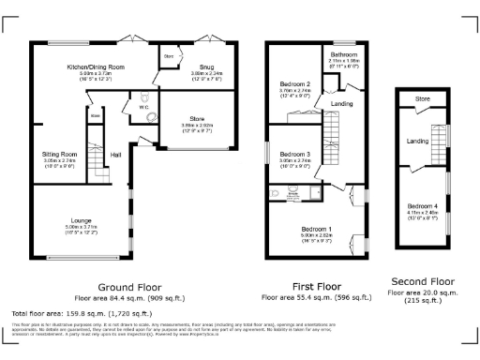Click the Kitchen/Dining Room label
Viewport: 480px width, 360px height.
click(x=96, y=67)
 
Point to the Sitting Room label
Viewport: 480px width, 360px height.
click(x=59, y=154)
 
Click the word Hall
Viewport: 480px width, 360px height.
click(x=116, y=155)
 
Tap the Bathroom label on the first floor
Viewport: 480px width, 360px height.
click(x=342, y=55)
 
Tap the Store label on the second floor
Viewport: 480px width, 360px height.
click(x=423, y=98)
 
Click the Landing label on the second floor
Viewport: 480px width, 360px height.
click(x=417, y=142)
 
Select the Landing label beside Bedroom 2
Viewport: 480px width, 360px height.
click(x=342, y=103)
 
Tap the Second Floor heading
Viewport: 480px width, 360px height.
click(x=423, y=280)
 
